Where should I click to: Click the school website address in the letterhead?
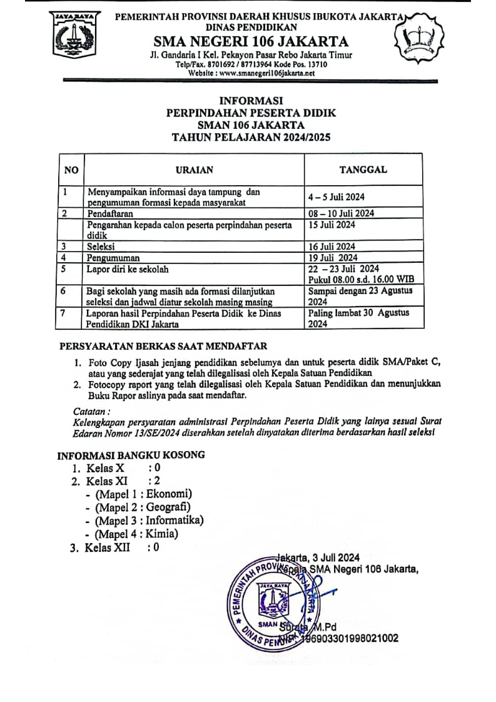[251, 73]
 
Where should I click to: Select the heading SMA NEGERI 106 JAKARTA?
[251, 42]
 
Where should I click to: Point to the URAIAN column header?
[194, 170]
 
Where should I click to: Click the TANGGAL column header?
[363, 170]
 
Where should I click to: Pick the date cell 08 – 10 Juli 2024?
[341, 213]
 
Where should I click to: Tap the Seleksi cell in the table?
[101, 246]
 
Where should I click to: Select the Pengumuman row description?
[113, 257]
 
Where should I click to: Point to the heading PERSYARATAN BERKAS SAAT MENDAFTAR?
[163, 346]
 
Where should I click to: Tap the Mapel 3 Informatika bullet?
[149, 520]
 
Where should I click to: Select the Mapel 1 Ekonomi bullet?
[143, 494]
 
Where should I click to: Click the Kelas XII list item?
[116, 548]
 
